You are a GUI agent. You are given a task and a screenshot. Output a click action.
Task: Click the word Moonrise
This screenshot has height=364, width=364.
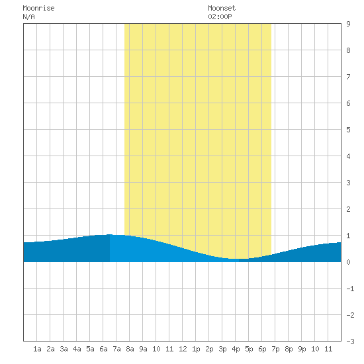38,8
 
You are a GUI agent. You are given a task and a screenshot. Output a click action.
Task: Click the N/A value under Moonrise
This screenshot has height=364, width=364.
28,17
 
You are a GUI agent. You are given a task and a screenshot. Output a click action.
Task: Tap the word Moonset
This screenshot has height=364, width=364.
222,8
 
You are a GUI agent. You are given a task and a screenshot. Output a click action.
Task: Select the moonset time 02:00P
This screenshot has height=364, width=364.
220,17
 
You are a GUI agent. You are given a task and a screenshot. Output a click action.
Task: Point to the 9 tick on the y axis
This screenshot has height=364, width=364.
348,24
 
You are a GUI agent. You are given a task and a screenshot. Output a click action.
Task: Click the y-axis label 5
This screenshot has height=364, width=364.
348,130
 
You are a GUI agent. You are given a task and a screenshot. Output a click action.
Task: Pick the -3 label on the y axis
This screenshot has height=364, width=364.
350,341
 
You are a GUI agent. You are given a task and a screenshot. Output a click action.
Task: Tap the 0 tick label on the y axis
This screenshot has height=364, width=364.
348,262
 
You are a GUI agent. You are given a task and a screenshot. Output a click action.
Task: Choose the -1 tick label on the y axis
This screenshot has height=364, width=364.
350,289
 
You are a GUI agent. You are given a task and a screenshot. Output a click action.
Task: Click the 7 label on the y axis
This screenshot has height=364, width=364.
348,77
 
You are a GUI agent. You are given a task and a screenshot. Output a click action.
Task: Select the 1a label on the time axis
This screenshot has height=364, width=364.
37,349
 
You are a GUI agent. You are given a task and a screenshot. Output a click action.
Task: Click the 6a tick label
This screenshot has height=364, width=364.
103,349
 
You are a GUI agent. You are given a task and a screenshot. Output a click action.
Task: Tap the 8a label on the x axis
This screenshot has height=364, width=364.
130,349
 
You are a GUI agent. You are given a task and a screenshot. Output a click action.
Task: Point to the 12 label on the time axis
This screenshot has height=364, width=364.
183,349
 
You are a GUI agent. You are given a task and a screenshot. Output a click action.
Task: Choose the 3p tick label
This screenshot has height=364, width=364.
222,349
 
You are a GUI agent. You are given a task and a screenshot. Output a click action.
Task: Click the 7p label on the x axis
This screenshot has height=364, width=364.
275,349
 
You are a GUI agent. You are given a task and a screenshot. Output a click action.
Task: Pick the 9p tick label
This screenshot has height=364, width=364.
302,349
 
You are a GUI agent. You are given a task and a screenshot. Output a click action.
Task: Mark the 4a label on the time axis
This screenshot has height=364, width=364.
77,349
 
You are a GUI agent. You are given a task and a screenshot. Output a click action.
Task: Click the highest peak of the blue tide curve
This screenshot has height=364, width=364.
110,234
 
